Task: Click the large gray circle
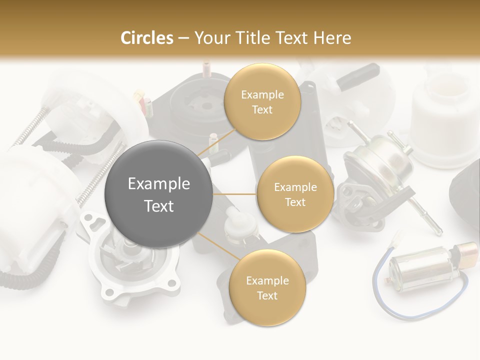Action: (159, 194)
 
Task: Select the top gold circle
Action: (262, 102)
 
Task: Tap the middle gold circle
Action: (295, 194)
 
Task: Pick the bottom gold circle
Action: (267, 288)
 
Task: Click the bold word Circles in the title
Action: (146, 38)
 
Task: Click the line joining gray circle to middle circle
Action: (235, 194)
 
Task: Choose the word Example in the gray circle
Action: (159, 184)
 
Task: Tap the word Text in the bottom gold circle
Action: (267, 296)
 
